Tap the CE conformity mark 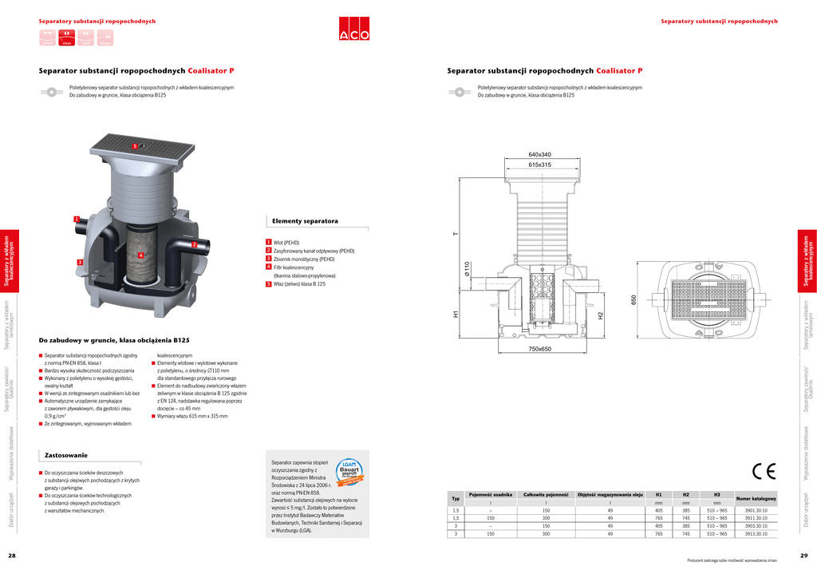click(764, 471)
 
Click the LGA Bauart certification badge click(349, 471)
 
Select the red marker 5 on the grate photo click(135, 147)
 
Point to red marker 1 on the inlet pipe click(76, 219)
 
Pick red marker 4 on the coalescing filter click(140, 255)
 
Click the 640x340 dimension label click(539, 154)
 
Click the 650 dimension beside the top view click(634, 299)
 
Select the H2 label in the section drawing click(601, 316)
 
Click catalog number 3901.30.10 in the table click(756, 509)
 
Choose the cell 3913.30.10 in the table click(756, 533)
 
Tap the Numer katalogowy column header click(756, 498)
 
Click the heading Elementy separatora click(305, 220)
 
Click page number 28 click(12, 556)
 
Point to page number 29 click(803, 556)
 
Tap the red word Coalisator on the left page click(207, 70)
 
